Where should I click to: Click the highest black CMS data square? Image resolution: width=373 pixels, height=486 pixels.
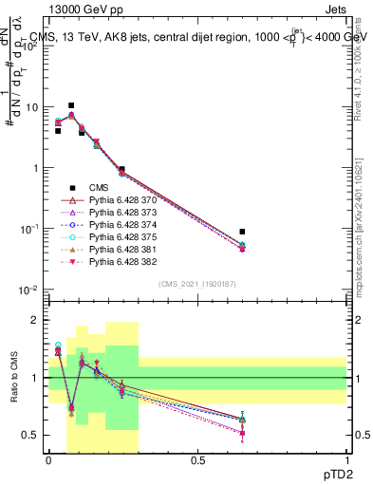(71, 105)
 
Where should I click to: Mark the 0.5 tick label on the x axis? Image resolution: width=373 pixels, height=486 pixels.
(197, 461)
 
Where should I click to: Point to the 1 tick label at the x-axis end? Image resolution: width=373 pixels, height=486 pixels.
(346, 461)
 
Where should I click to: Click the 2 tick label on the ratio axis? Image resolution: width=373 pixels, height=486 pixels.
(36, 320)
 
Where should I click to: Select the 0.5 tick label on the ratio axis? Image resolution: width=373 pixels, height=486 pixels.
(31, 436)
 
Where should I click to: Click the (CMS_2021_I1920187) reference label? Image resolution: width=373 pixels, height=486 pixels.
(196, 284)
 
